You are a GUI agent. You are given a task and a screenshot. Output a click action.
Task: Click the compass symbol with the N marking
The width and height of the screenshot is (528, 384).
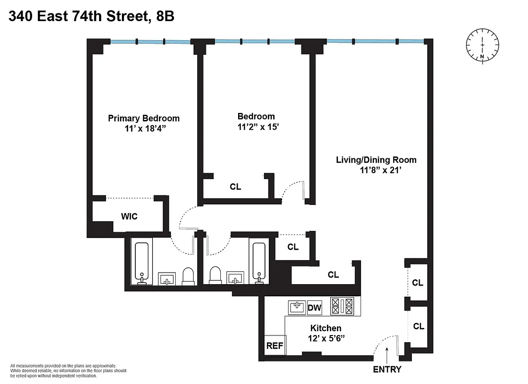pyautogui.click(x=482, y=47)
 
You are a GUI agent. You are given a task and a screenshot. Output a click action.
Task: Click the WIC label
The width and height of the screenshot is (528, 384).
pyautogui.click(x=129, y=216)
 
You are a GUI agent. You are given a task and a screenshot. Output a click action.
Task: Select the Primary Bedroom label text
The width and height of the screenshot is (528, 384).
pyautogui.click(x=144, y=118)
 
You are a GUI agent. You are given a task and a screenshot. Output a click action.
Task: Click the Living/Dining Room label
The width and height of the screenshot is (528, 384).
pyautogui.click(x=376, y=160)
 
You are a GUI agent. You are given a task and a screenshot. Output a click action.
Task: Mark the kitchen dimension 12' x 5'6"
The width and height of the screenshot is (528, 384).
pyautogui.click(x=326, y=338)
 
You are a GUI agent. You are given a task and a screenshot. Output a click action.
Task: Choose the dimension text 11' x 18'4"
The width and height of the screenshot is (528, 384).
pyautogui.click(x=144, y=128)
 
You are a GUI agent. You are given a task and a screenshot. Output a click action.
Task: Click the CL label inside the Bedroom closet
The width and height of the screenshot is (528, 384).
pyautogui.click(x=235, y=187)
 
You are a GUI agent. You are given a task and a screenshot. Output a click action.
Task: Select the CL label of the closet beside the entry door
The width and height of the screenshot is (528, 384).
pyautogui.click(x=419, y=326)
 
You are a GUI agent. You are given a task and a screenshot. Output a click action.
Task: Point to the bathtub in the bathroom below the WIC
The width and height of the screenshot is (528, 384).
pyautogui.click(x=141, y=264)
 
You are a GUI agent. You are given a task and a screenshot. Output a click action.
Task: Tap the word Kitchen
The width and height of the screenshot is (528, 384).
pyautogui.click(x=326, y=328)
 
